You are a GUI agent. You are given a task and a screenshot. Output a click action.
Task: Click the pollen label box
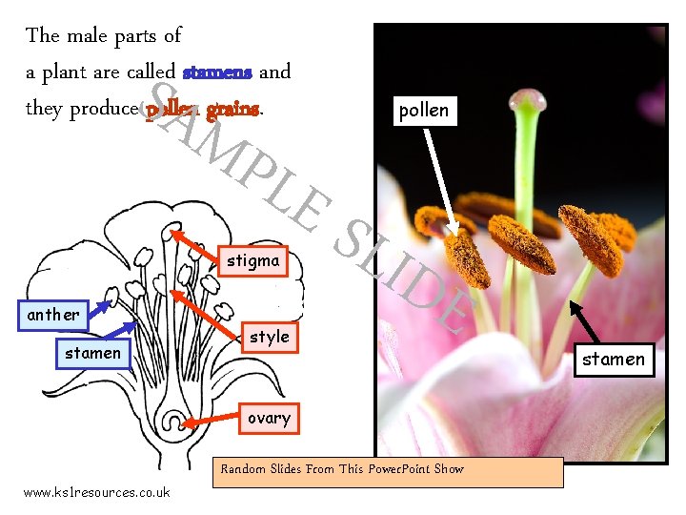click(424, 111)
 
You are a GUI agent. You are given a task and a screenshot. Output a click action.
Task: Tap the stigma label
click(253, 260)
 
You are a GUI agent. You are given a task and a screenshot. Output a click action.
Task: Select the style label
click(269, 337)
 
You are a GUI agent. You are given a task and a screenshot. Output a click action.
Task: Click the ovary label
click(269, 418)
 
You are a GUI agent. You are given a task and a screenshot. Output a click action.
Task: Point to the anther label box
click(53, 315)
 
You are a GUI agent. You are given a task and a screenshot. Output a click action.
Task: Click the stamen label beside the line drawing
click(92, 353)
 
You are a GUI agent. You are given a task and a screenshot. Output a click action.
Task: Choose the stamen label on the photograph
click(614, 360)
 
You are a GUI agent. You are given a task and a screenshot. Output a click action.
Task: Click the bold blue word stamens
click(217, 72)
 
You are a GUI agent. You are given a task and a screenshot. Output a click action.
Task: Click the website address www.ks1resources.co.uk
click(96, 492)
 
